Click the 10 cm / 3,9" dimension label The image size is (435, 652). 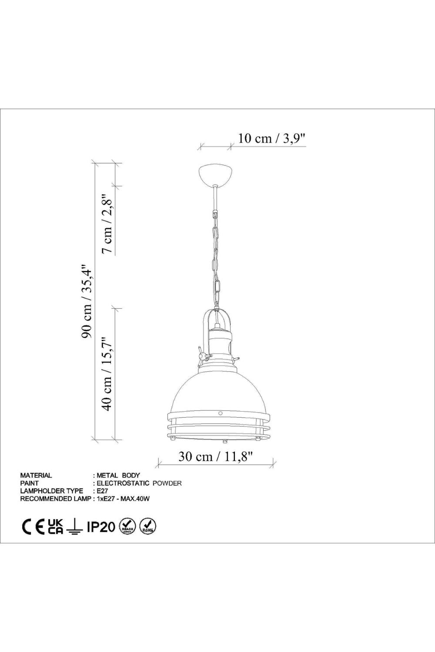tap(271, 139)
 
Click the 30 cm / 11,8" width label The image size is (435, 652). tap(215, 457)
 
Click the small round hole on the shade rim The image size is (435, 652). tap(220, 413)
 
